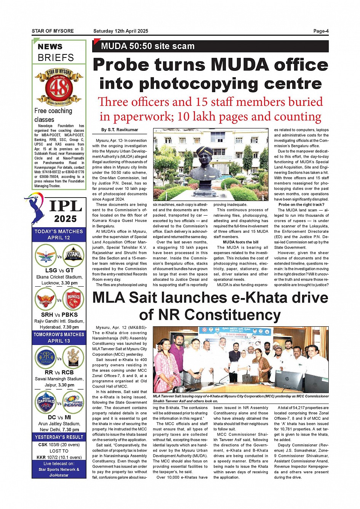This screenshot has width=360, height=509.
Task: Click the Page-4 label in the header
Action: pyautogui.click(x=321, y=31)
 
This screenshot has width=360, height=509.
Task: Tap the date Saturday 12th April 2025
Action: pyautogui.click(x=121, y=31)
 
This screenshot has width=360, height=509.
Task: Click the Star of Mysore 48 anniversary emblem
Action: pyautogui.click(x=59, y=87)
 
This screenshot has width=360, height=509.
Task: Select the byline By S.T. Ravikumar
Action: pyautogui.click(x=120, y=130)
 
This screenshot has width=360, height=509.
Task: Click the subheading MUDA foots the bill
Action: pyautogui.click(x=240, y=242)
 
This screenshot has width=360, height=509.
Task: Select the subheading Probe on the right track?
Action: pyautogui.click(x=301, y=205)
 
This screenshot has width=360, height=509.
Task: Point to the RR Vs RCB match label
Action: pyautogui.click(x=59, y=372)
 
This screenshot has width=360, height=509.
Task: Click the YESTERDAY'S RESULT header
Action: pyautogui.click(x=59, y=437)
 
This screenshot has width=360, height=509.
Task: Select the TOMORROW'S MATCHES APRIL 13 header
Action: pyautogui.click(x=59, y=338)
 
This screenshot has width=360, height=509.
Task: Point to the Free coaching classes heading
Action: pyautogui.click(x=53, y=115)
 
